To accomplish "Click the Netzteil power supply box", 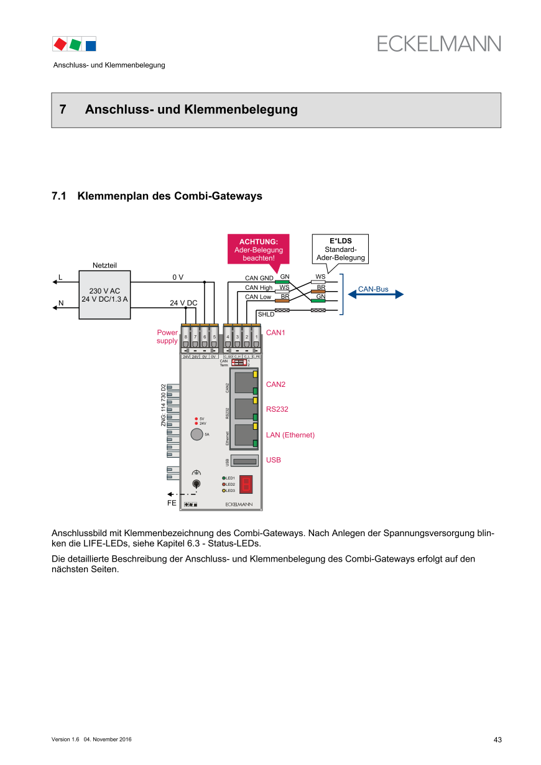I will coord(104,295).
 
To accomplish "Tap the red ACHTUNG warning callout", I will coord(258,249).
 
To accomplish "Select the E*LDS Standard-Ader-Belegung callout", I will coord(340,249).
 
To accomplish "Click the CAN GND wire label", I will coord(259,278).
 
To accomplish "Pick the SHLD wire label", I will coord(266,315).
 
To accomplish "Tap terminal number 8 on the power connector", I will coord(186,337).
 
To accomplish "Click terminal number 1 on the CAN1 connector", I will coord(256,337).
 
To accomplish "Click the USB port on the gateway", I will coord(244,461).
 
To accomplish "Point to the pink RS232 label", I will coord(277,409).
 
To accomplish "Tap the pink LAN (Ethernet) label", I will coord(290,435).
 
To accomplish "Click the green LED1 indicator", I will coord(224,478).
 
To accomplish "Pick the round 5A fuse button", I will coord(197,435).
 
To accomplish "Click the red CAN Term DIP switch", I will coord(239,361).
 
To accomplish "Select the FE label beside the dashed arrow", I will coord(172,503).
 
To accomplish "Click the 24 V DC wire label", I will coord(183,303).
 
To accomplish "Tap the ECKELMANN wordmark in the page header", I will coord(438,44).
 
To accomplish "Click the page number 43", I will coord(497,739).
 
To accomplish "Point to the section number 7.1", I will coord(59,197).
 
